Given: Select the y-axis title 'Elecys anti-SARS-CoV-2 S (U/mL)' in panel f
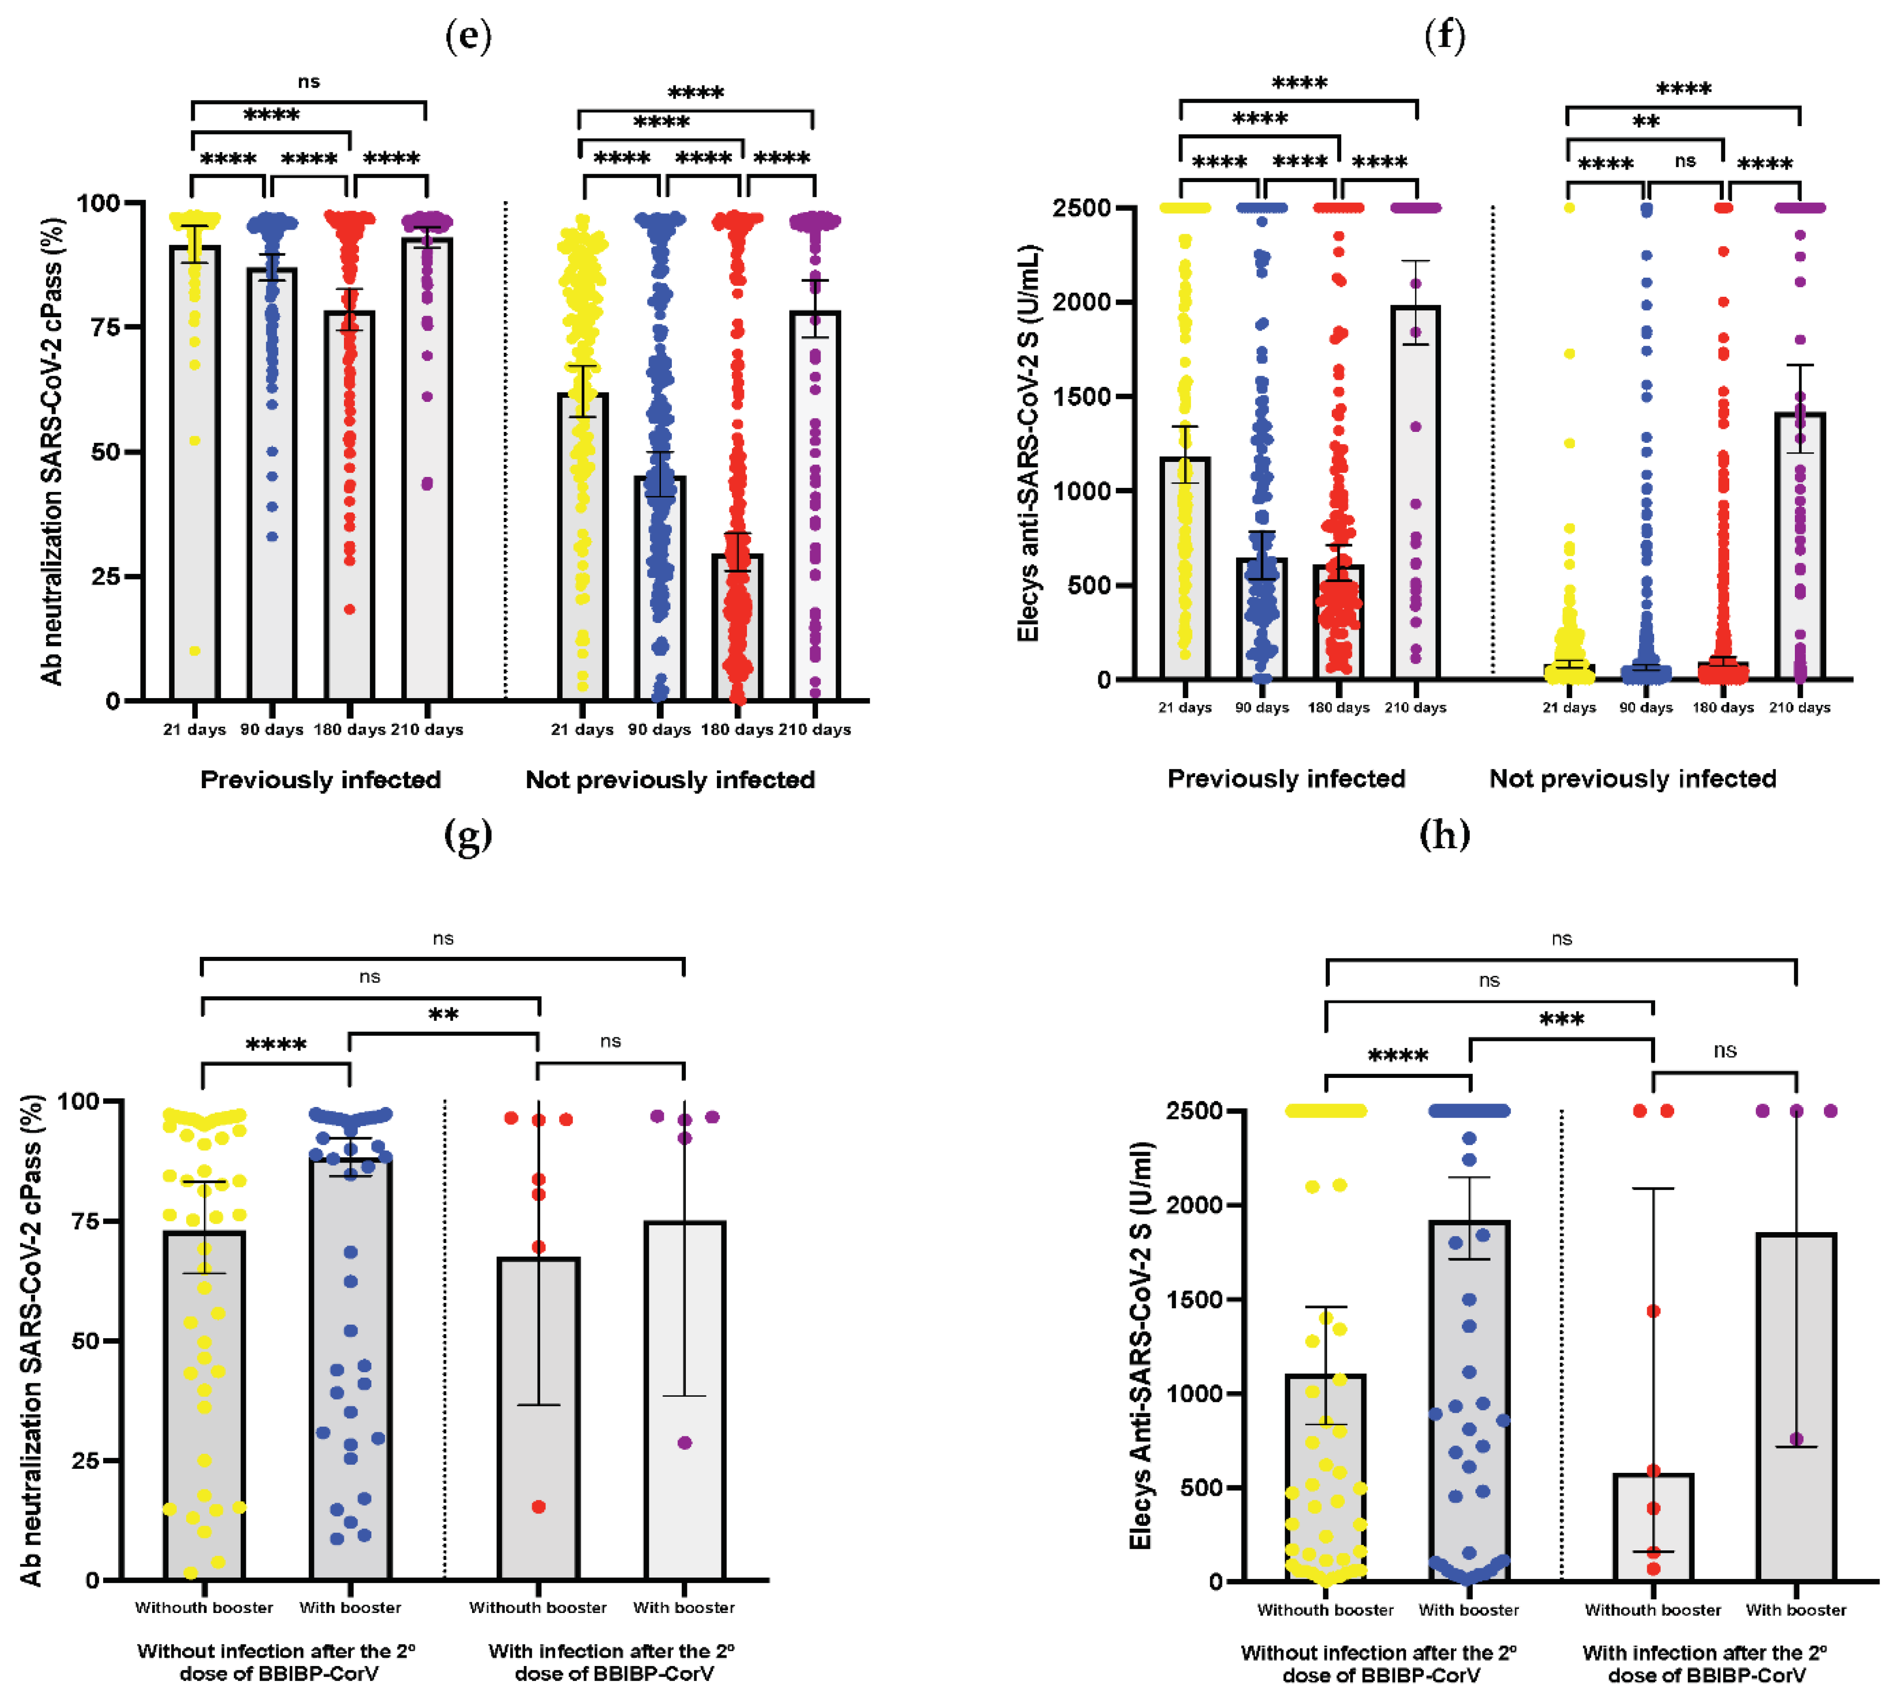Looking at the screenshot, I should click(1028, 443).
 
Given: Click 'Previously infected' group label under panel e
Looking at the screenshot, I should click(320, 780).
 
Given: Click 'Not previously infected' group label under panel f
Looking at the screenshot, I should click(1632, 779).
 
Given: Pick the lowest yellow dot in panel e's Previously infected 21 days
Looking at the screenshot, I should click(195, 651).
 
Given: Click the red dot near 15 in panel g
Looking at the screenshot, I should click(539, 1507).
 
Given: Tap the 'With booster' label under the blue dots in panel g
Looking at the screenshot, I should click(350, 1607).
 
